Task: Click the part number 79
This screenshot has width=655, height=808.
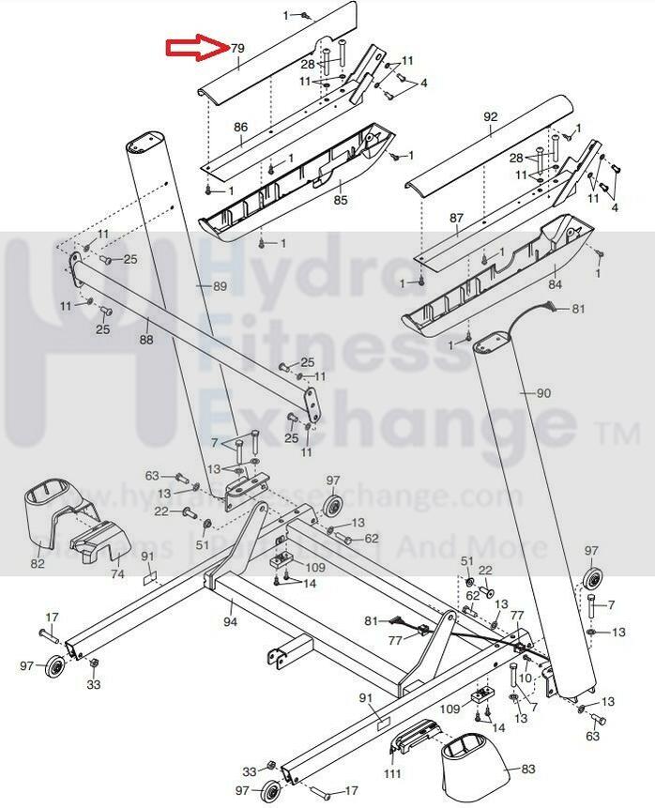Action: coord(237,48)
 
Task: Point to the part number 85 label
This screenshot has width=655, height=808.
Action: coord(341,199)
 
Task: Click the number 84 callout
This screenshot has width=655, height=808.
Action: coord(555,283)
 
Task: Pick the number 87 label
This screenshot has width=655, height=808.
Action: coord(457,218)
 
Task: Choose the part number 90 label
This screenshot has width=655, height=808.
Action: coord(543,393)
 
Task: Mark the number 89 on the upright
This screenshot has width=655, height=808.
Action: coord(220,286)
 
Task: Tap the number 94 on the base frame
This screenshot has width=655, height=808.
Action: coord(230,621)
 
